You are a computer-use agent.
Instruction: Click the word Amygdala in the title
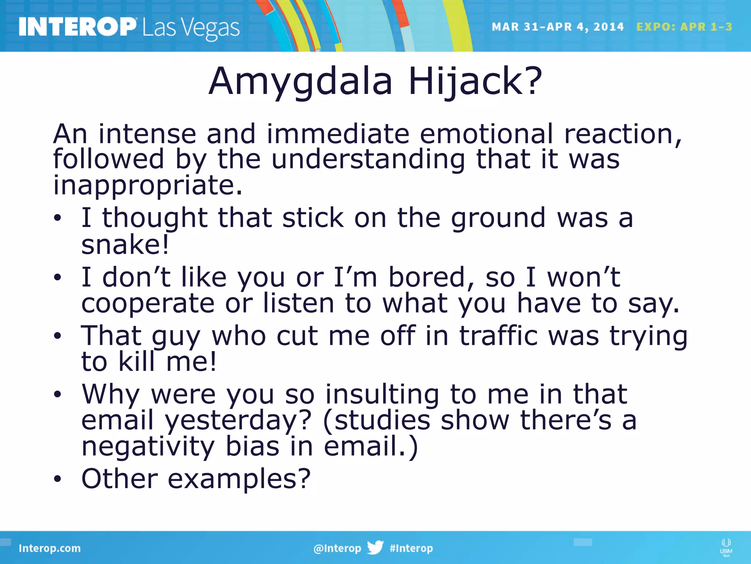pos(300,82)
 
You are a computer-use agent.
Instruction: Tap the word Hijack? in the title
pos(475,82)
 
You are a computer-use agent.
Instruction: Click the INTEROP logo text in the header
pos(77,27)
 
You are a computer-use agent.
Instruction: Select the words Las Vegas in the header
pos(191,29)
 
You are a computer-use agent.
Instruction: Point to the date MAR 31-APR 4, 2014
pos(557,27)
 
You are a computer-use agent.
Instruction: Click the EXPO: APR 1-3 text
pos(684,27)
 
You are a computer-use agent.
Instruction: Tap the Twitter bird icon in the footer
pos(375,547)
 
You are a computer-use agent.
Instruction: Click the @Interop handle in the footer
pos(337,548)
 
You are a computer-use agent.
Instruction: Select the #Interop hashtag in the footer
pos(411,548)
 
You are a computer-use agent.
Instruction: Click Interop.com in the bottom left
pos(50,548)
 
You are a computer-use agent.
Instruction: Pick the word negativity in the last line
pos(148,447)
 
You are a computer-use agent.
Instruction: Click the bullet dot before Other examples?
pos(58,479)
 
